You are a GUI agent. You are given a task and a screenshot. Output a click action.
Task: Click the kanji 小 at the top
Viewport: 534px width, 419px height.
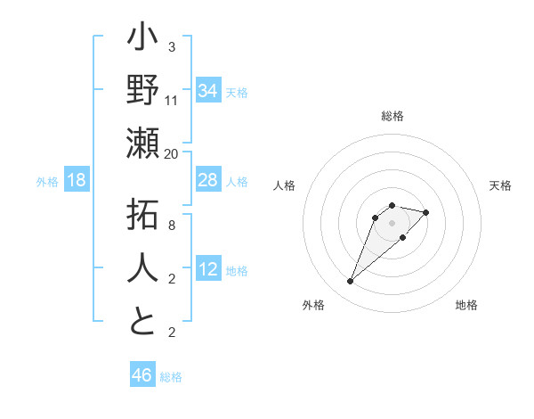tap(142, 40)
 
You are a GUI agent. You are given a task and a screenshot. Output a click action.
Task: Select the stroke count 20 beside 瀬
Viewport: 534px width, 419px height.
tap(172, 153)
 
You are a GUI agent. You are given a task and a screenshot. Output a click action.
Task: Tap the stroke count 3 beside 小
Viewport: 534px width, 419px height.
tap(172, 46)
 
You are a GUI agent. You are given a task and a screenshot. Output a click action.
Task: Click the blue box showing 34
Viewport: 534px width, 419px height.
tap(208, 90)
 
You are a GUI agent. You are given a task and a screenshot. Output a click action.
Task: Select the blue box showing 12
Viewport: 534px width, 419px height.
tap(208, 269)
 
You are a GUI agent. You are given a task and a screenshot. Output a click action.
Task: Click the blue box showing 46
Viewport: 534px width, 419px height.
tap(142, 375)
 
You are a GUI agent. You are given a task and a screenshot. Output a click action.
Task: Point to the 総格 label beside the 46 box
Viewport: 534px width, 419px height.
tap(171, 377)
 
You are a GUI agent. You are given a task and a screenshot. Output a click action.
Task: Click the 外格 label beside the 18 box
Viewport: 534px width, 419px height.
tap(47, 182)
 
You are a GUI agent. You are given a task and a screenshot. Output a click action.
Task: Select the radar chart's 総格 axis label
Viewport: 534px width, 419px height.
tap(392, 116)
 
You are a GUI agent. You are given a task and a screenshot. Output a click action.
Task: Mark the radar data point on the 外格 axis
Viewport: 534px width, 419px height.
tap(350, 282)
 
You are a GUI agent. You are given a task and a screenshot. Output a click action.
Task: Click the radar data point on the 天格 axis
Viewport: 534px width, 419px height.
tap(426, 212)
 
